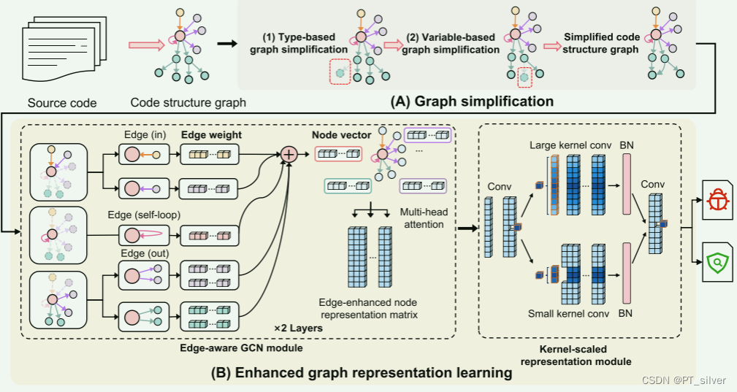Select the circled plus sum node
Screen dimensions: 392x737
pyautogui.click(x=289, y=155)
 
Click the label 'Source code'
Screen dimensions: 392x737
pyautogui.click(x=61, y=103)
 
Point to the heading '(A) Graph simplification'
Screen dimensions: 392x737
pyautogui.click(x=473, y=100)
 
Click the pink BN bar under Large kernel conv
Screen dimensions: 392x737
pyautogui.click(x=625, y=185)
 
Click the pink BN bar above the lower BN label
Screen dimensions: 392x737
pyautogui.click(x=625, y=272)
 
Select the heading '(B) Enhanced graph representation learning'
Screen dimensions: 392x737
pyautogui.click(x=361, y=373)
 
